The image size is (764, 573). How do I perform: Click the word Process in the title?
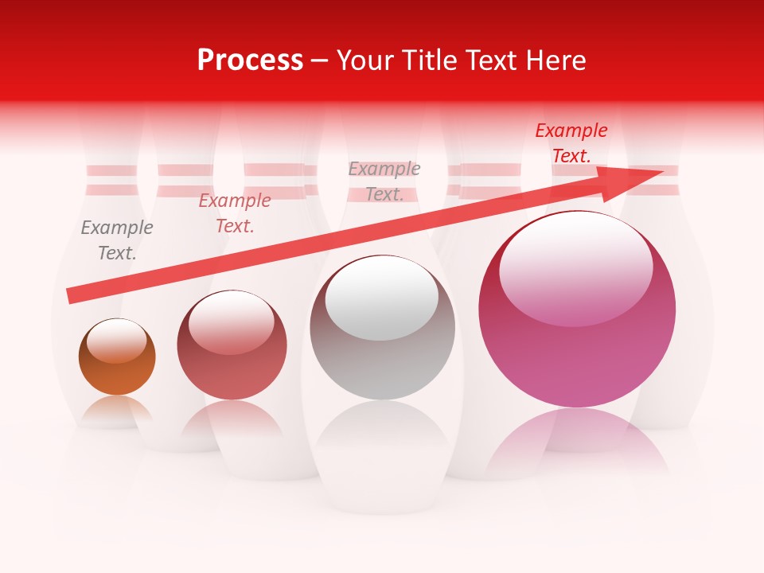click(250, 60)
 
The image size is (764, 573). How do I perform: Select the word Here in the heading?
click(555, 60)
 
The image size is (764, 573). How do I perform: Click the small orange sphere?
click(117, 357)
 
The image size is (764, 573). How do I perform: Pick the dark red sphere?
click(232, 345)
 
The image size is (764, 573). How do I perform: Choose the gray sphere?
click(382, 328)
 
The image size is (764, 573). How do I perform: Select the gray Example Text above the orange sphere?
click(117, 240)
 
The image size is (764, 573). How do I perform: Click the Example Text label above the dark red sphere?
click(235, 213)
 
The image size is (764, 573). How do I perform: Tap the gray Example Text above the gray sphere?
click(384, 181)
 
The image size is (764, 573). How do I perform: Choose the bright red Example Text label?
click(571, 143)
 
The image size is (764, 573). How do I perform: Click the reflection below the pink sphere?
click(577, 438)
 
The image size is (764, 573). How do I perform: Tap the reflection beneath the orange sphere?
click(117, 410)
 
